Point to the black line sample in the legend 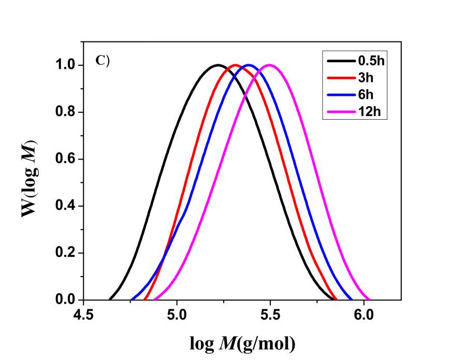coord(340,62)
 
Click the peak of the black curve coord(217,65)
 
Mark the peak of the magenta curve coord(270,65)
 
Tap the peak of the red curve coord(236,65)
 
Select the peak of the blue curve coord(250,65)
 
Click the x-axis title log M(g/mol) coord(242,342)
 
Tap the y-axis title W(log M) coord(30,179)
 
